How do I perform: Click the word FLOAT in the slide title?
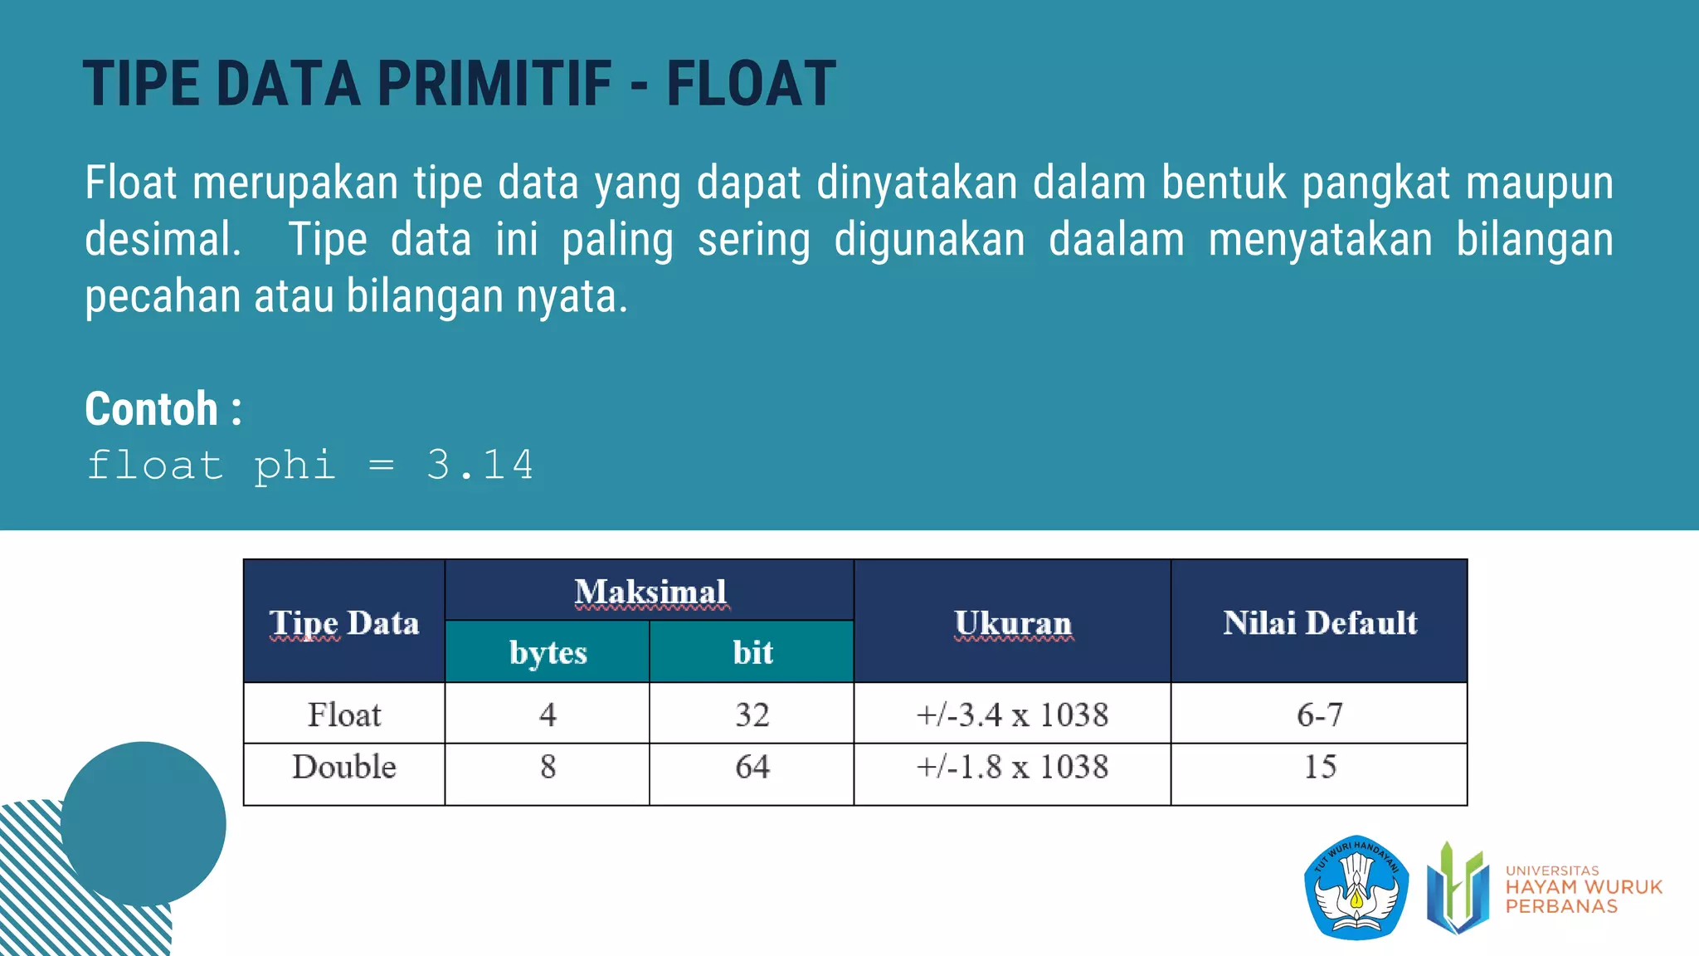click(751, 84)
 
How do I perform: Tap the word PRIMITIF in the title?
click(494, 84)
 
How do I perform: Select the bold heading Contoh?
click(152, 409)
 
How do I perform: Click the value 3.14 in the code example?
click(480, 465)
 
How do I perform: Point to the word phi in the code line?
click(295, 466)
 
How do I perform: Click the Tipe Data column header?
click(344, 622)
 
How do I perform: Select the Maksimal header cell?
click(650, 592)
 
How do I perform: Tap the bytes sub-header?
click(548, 652)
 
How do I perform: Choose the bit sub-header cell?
click(752, 652)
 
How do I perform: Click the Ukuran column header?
click(1012, 622)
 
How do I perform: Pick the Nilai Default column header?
click(1319, 622)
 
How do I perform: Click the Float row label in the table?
click(344, 715)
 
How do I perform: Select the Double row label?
click(344, 767)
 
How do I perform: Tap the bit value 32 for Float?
click(752, 715)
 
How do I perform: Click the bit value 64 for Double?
click(752, 767)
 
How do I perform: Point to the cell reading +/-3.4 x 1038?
click(1012, 715)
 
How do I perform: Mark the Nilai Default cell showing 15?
click(1319, 767)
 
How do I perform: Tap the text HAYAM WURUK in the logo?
click(1584, 887)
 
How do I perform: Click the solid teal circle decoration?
click(144, 823)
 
